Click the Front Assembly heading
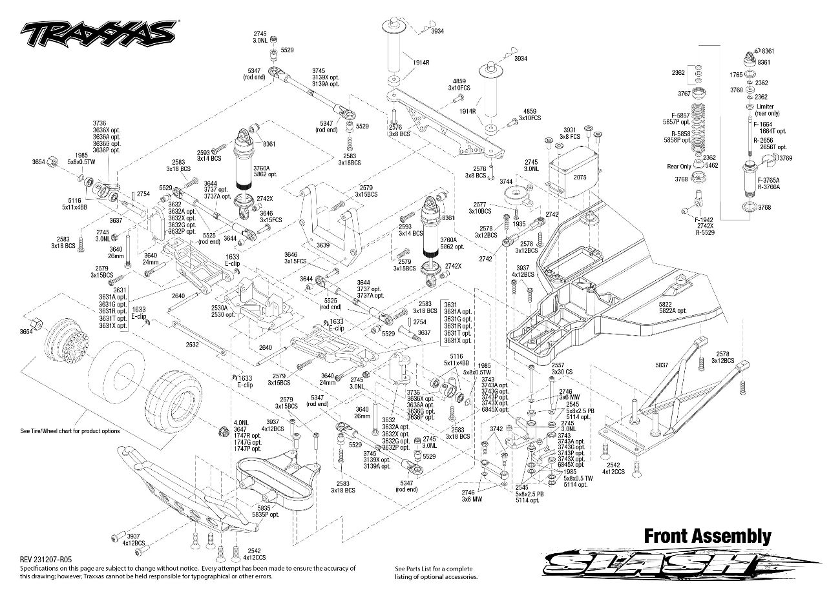point(707,536)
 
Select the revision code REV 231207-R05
point(46,560)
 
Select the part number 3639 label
point(324,246)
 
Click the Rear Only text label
point(679,167)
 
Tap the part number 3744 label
point(506,181)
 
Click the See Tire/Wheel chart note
point(70,431)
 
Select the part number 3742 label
point(496,429)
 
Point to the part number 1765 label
point(736,75)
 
